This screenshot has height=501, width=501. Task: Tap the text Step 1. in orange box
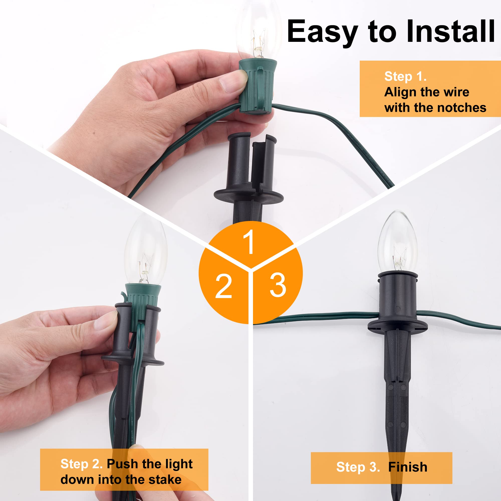click(405, 76)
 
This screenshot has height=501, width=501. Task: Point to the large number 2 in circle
click(223, 286)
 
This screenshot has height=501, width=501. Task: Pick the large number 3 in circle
click(278, 285)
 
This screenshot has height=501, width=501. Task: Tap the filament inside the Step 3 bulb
click(399, 257)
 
